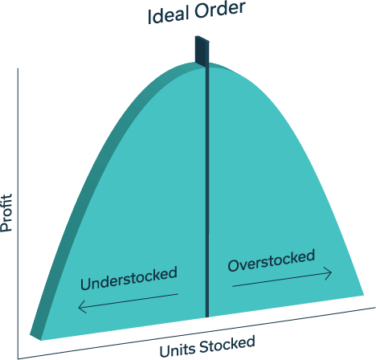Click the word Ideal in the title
pyautogui.click(x=167, y=15)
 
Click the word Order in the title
pyautogui.click(x=220, y=10)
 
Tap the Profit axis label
pyautogui.click(x=6, y=213)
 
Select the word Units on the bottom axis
pyautogui.click(x=178, y=349)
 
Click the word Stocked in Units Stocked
pyautogui.click(x=227, y=344)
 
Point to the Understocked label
pyautogui.click(x=129, y=278)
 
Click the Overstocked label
pyautogui.click(x=272, y=260)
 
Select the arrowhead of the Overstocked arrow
pyautogui.click(x=329, y=273)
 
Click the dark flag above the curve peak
pyautogui.click(x=202, y=51)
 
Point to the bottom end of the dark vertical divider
pyautogui.click(x=207, y=317)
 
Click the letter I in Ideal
pyautogui.click(x=149, y=18)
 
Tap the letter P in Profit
pyautogui.click(x=6, y=227)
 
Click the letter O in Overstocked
pyautogui.click(x=234, y=266)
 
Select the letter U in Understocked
pyautogui.click(x=86, y=284)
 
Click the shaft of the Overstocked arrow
pyautogui.click(x=282, y=280)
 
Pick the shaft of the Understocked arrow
pyautogui.click(x=128, y=301)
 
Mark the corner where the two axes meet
pyautogui.click(x=18, y=358)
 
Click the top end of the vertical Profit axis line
pyautogui.click(x=18, y=68)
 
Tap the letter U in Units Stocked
pyautogui.click(x=165, y=351)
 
